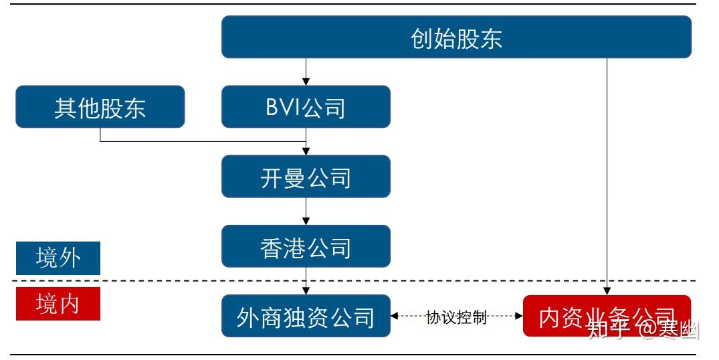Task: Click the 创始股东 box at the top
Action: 456,37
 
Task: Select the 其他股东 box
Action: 100,107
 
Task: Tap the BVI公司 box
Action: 306,107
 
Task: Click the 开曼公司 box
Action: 306,177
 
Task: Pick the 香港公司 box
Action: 306,247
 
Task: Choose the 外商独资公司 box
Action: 306,317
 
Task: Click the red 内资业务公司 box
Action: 606,317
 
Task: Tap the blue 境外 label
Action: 58,258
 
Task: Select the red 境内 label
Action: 58,304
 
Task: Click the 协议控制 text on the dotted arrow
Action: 456,317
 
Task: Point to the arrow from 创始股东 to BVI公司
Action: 306,71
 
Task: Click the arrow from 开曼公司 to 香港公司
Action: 306,211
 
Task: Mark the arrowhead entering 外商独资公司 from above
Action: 306,290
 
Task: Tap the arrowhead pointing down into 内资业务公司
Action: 607,291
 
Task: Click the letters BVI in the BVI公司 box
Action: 282,107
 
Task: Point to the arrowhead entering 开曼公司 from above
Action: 306,151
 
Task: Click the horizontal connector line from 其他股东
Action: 201,141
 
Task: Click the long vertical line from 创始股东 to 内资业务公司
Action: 607,167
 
